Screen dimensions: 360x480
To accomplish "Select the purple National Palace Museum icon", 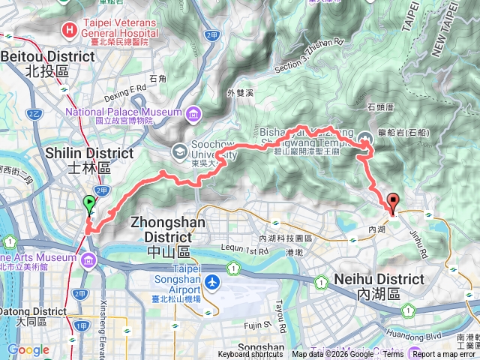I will click(193, 114).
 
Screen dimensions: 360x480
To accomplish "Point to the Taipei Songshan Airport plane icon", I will click(214, 283).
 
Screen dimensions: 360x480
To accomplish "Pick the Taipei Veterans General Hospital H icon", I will click(70, 30).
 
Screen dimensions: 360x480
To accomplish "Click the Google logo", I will click(28, 349).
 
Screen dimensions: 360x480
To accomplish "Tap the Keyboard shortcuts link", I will click(250, 355).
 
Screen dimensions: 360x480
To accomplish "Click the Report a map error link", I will click(443, 355).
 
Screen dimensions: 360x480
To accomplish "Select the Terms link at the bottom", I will click(393, 355).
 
